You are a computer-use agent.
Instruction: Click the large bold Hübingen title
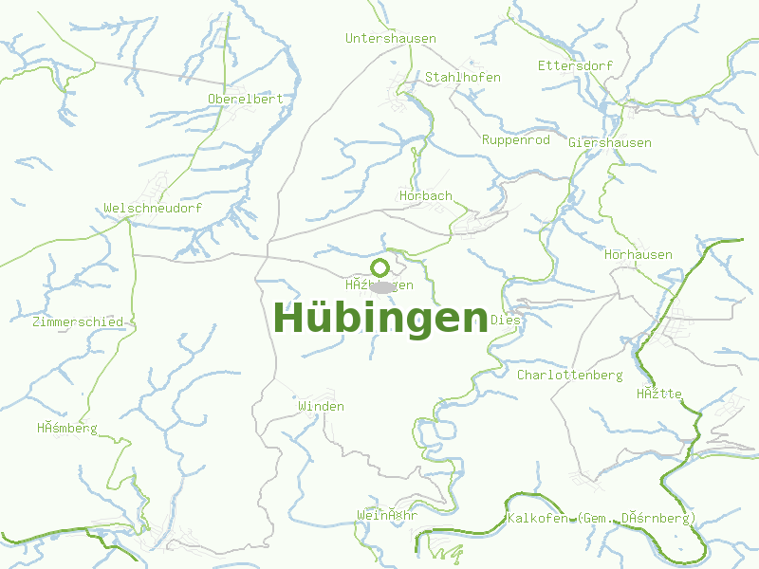[x=380, y=319]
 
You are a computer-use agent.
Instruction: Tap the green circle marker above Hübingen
[x=379, y=267]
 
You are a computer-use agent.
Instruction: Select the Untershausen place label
[x=391, y=39]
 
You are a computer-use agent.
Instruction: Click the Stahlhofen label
[x=463, y=77]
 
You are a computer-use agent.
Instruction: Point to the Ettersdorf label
[x=575, y=65]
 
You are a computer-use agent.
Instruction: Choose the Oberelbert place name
[x=246, y=99]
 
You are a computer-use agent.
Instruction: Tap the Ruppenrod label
[x=516, y=140]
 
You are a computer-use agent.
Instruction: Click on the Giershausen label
[x=610, y=143]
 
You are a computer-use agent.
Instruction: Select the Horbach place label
[x=426, y=196]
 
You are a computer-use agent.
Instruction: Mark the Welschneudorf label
[x=153, y=209]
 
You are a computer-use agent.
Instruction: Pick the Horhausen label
[x=639, y=255]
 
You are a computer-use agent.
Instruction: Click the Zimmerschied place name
[x=78, y=322]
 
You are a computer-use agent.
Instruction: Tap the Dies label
[x=506, y=321]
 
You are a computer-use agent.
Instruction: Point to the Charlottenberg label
[x=570, y=376]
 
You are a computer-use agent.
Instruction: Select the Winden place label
[x=321, y=407]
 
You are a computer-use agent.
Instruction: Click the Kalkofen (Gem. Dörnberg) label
[x=602, y=519]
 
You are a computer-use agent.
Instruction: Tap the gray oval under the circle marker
[x=381, y=286]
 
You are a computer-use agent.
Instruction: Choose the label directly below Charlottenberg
[x=659, y=395]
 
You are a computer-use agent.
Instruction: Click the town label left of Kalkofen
[x=387, y=516]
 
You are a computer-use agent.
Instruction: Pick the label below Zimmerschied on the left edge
[x=67, y=429]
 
